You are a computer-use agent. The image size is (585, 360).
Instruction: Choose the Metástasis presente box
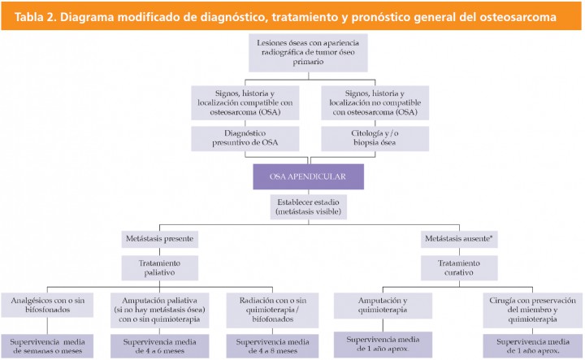tap(161, 240)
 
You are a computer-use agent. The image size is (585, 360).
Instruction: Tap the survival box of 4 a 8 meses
tap(278, 345)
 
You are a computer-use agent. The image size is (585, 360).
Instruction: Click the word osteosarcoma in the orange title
tap(529, 15)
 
